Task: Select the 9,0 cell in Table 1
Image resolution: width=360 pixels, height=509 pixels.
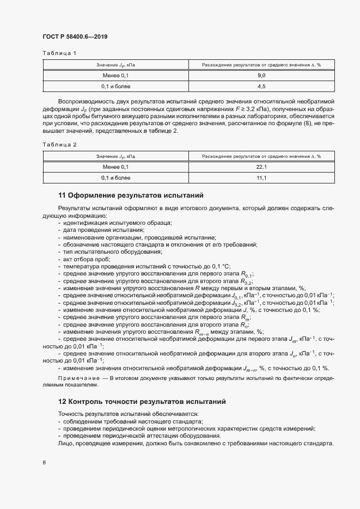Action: [261, 75]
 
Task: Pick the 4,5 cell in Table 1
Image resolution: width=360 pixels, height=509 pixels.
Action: [261, 86]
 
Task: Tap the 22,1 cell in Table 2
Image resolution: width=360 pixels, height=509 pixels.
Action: [261, 167]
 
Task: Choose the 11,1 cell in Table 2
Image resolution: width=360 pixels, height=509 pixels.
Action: [261, 177]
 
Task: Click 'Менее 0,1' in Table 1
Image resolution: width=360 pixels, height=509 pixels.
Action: [115, 75]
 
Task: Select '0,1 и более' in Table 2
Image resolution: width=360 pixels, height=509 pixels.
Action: [115, 177]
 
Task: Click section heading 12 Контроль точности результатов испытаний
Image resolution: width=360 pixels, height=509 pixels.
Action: [142, 401]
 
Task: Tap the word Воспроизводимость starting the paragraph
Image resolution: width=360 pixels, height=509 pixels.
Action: [88, 101]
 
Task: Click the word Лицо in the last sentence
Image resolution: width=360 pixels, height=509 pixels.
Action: [65, 443]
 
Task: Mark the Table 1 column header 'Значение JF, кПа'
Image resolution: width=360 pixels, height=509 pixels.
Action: [115, 65]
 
